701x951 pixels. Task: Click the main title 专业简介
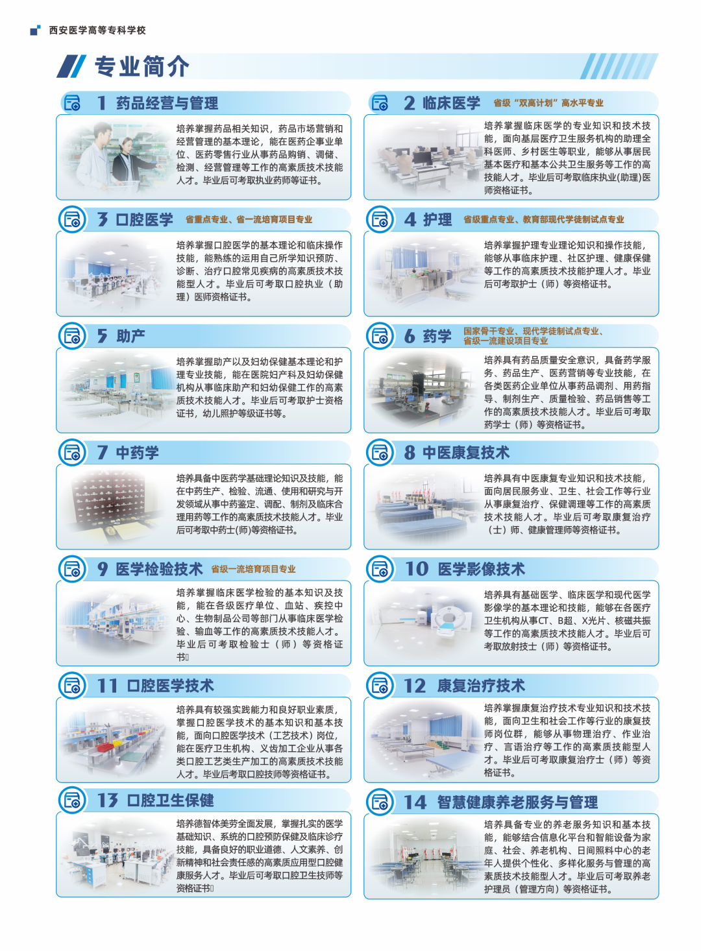[x=142, y=67]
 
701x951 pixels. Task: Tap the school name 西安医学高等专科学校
[x=97, y=30]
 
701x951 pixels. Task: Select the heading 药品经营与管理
[x=167, y=103]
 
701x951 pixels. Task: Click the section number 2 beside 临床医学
[x=409, y=103]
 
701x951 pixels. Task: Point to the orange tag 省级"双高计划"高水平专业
[x=548, y=103]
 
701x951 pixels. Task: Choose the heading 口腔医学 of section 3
[x=145, y=219]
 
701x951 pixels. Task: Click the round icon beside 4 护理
[x=380, y=219]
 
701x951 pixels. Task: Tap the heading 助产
[x=130, y=336]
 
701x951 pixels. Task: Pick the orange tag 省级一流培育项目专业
[x=253, y=569]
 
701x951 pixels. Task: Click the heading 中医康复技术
[x=466, y=453]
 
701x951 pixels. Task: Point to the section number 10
[x=416, y=569]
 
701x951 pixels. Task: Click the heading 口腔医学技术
[x=170, y=686]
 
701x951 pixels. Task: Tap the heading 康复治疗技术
[x=481, y=686]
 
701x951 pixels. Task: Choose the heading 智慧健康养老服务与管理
[x=517, y=802]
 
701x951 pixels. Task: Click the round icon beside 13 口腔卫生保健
[x=72, y=801]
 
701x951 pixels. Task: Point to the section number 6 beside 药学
[x=409, y=336]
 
